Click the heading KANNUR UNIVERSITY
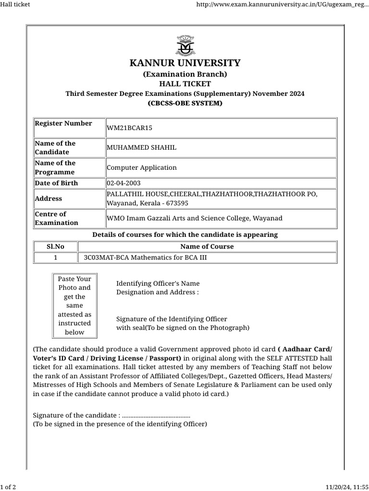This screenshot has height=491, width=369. [x=185, y=63]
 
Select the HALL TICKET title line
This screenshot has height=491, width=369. [x=185, y=84]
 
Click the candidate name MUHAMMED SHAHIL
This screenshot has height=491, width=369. [x=141, y=148]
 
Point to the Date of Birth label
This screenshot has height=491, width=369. [x=56, y=183]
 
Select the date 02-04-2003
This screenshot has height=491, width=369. [x=123, y=183]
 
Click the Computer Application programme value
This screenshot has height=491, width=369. [x=142, y=167]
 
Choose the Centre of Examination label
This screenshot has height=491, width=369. [x=56, y=218]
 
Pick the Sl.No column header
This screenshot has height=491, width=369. [x=55, y=246]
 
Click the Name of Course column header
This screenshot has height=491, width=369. [x=207, y=246]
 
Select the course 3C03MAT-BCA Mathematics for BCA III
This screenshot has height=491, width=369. [x=145, y=257]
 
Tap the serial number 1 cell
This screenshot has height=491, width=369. [x=55, y=257]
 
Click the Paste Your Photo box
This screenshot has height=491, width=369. [x=74, y=305]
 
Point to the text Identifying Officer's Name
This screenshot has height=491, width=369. [x=158, y=283]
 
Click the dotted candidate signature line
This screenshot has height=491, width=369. [x=156, y=415]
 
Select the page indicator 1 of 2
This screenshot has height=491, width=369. [x=8, y=487]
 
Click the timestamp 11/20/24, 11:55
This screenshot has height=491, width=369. [x=347, y=487]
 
